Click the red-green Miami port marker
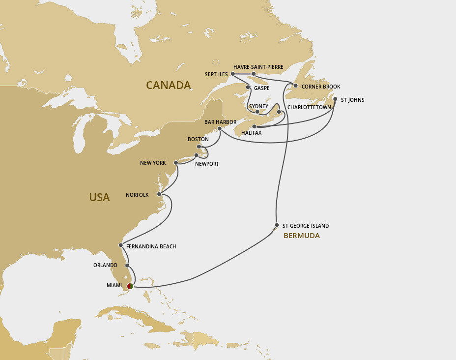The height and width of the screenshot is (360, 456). [130, 286]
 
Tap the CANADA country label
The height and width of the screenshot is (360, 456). [168, 86]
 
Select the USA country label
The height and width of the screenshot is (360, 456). [99, 197]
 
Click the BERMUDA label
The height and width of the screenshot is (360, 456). [301, 236]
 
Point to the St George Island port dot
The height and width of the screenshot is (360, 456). [277, 226]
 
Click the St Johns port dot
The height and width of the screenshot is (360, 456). [335, 99]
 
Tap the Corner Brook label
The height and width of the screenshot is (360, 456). [320, 87]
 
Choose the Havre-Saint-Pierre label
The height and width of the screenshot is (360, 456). [258, 67]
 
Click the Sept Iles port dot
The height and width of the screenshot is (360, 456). [232, 74]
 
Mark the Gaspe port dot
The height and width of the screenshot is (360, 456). [248, 89]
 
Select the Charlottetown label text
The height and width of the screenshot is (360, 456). [309, 107]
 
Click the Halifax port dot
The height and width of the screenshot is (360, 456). [254, 126]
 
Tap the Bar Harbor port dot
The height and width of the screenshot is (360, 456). [220, 129]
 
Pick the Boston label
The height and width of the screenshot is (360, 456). [198, 140]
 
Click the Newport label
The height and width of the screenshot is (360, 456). [207, 164]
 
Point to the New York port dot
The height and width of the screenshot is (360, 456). [176, 162]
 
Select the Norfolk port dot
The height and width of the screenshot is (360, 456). [159, 195]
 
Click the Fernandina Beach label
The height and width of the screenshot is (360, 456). [151, 246]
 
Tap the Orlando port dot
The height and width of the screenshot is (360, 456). [127, 265]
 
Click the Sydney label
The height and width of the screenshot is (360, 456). [258, 106]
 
